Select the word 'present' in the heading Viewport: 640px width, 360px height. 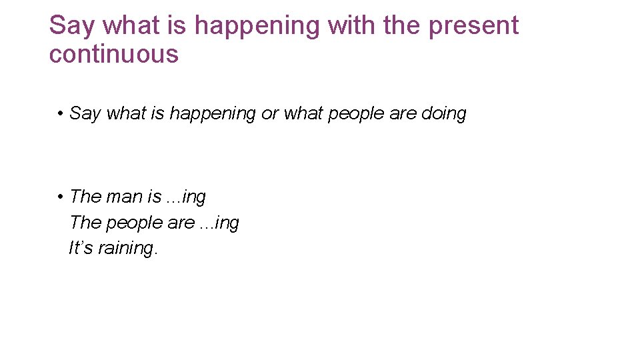point(473,25)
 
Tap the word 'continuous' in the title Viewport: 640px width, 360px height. point(114,54)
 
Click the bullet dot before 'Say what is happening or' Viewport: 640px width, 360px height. point(60,114)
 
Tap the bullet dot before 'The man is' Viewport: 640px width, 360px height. point(60,197)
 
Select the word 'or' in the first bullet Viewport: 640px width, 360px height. point(269,114)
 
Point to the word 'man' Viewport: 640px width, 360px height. point(124,197)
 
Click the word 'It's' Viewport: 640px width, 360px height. point(81,248)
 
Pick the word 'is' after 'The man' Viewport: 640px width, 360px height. point(154,197)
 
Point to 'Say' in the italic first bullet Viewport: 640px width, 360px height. point(85,114)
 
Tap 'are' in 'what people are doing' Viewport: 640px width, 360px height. point(403,114)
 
